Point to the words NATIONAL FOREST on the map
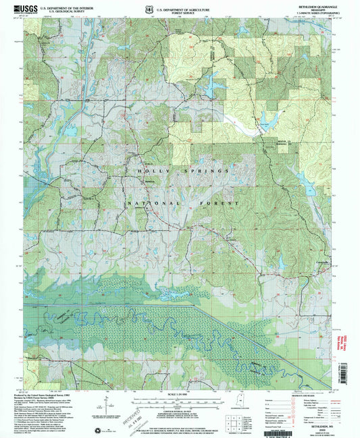coord(182,203)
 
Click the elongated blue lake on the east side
coord(302,179)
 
